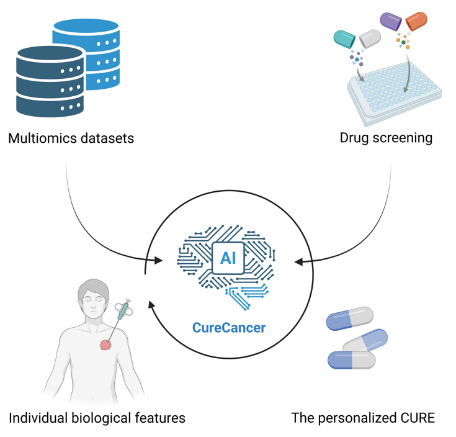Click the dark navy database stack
[x=50, y=81]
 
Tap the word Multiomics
[x=42, y=138]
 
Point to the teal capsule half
[x=344, y=38]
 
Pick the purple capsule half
[x=391, y=21]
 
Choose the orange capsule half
[x=416, y=21]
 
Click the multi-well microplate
[x=395, y=94]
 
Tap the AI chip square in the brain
[x=228, y=258]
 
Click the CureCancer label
[x=229, y=328]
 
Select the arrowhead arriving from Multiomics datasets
[x=158, y=260]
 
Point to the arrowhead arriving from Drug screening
[x=298, y=262]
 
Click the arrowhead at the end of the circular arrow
[x=151, y=305]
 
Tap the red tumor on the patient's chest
[x=105, y=345]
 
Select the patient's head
[x=93, y=296]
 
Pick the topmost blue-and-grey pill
[x=349, y=318]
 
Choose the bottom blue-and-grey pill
[x=352, y=360]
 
